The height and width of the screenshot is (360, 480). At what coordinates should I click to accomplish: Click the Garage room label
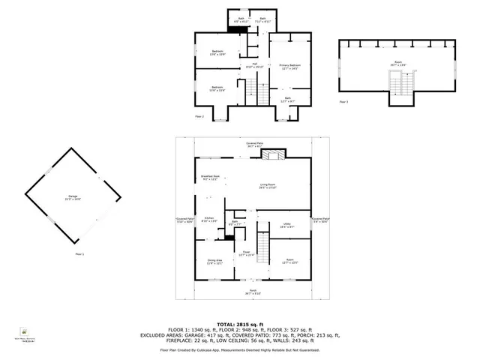(x=72, y=198)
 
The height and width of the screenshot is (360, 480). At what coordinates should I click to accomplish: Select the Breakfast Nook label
(x=209, y=177)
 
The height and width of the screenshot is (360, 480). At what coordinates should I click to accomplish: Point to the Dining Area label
(x=214, y=262)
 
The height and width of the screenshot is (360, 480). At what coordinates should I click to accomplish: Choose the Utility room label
(x=286, y=224)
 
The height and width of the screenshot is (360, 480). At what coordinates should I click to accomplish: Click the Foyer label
(x=246, y=253)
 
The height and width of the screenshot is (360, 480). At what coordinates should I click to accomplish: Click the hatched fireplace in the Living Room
(x=275, y=154)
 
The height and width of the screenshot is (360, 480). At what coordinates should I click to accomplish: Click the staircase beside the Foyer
(x=263, y=244)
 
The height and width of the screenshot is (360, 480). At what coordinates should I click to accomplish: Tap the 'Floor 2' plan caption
(x=199, y=116)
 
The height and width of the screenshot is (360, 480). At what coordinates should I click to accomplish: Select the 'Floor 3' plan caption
(x=343, y=101)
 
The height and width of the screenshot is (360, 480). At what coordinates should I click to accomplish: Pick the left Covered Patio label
(x=184, y=220)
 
